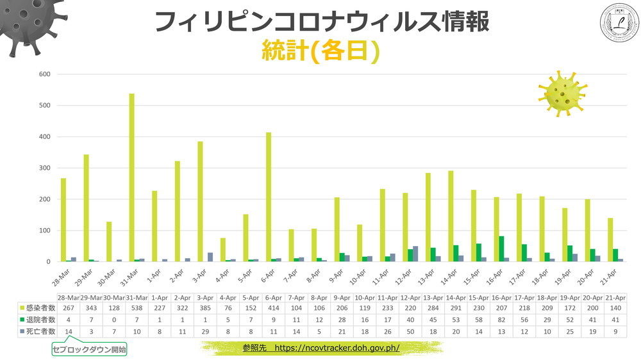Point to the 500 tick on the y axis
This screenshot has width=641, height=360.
click(45, 105)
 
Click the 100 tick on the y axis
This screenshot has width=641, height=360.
click(45, 231)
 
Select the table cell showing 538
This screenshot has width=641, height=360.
click(137, 309)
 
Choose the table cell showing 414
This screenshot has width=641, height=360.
click(274, 309)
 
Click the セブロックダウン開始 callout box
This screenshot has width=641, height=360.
click(90, 350)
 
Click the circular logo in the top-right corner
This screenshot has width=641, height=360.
click(619, 22)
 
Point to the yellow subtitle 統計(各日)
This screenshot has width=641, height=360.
click(320, 51)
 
